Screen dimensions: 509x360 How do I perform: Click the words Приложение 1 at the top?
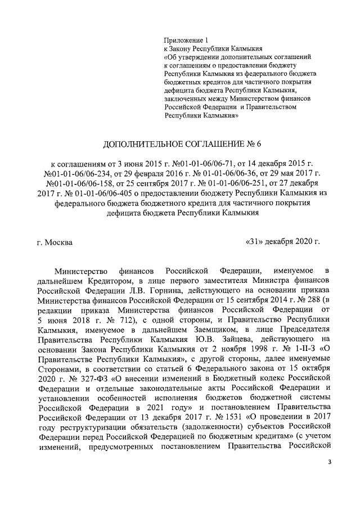(186, 40)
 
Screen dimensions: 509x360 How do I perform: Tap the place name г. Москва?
(55, 242)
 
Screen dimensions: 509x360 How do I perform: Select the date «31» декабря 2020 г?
(282, 242)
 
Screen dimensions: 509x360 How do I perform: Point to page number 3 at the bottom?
(330, 462)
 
